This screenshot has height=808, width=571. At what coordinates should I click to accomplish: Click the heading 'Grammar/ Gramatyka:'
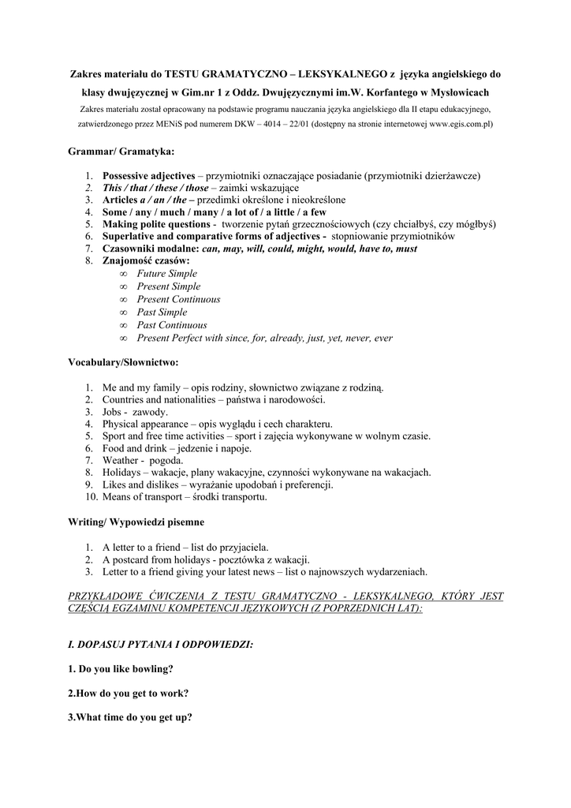(121, 150)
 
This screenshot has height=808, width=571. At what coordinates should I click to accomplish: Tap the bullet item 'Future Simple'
(166, 274)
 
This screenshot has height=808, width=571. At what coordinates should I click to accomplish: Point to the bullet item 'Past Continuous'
(171, 325)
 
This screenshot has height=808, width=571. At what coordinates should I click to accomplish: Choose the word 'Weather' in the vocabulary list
(120, 460)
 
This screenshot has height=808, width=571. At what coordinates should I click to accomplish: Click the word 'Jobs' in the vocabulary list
(114, 412)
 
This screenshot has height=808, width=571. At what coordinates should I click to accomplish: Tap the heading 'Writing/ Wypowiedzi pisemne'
(136, 522)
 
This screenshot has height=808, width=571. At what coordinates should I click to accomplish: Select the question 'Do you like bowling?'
(126, 669)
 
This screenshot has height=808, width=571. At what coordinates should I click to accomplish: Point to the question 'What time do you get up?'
(133, 718)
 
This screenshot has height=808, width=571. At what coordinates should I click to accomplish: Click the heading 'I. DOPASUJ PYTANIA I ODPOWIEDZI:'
(161, 645)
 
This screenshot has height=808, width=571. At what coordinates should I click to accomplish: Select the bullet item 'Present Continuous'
(178, 300)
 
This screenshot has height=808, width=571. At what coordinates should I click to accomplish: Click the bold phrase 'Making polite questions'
(155, 224)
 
